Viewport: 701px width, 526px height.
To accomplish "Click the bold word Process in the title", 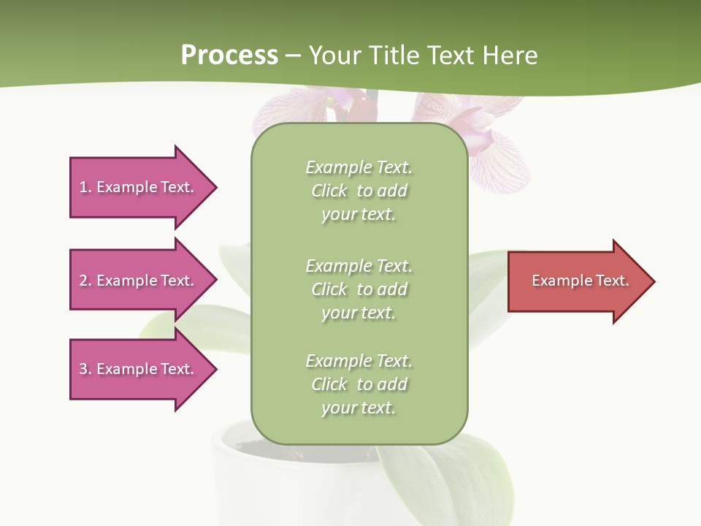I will tap(229, 56).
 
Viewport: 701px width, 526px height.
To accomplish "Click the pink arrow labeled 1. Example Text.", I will tap(137, 187).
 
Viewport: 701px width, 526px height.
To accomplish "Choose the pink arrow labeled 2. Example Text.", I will tap(137, 281).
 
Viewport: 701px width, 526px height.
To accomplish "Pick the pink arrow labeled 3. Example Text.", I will tap(137, 369).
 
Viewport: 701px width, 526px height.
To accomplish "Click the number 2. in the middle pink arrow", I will tap(85, 281).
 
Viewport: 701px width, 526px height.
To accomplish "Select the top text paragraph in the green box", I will tap(359, 191).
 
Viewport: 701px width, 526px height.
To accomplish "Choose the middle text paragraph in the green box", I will tap(359, 289).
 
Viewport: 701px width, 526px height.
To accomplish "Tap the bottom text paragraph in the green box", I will tap(359, 384).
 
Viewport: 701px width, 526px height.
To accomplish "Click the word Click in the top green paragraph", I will tap(329, 191).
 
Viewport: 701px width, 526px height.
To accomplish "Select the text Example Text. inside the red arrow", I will tap(580, 281).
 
